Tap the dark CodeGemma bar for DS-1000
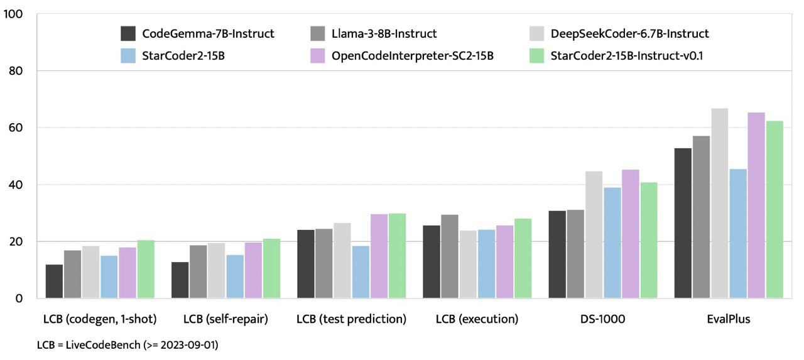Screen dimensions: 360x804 [x=557, y=254]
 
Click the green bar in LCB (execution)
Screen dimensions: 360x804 [x=523, y=258]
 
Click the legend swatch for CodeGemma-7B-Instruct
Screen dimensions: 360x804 [x=129, y=33]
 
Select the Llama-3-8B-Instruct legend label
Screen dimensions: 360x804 [x=384, y=33]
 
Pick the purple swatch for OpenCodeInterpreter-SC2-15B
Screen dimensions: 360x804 [x=318, y=55]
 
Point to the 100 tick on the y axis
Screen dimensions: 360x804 [x=13, y=14]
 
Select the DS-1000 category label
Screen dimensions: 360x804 [x=603, y=319]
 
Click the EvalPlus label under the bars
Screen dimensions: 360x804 [x=728, y=319]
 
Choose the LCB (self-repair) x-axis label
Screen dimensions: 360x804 [x=225, y=319]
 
